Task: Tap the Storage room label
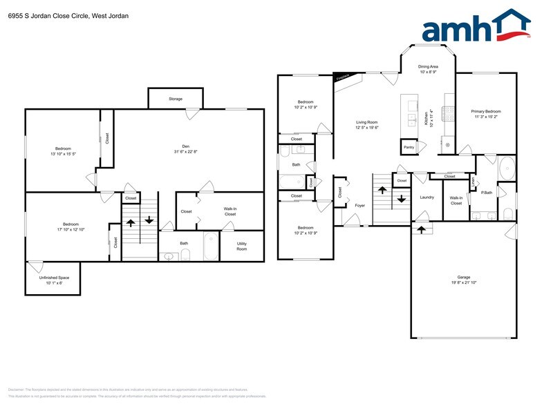pyautogui.click(x=176, y=99)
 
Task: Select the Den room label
pyautogui.click(x=185, y=146)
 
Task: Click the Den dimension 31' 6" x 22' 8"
pyautogui.click(x=185, y=152)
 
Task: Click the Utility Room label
pyautogui.click(x=242, y=246)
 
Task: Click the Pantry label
pyautogui.click(x=409, y=147)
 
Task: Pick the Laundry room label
pyautogui.click(x=427, y=197)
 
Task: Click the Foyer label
pyautogui.click(x=360, y=205)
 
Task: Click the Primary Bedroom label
pyautogui.click(x=486, y=111)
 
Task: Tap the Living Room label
pyautogui.click(x=366, y=122)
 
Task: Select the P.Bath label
pyautogui.click(x=486, y=193)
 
